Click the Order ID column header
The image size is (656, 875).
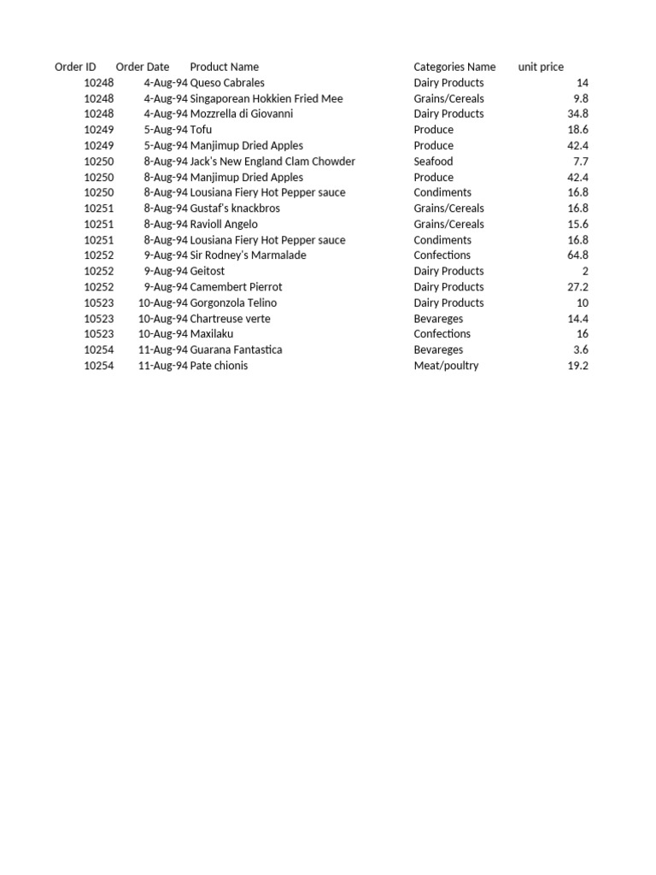click(75, 67)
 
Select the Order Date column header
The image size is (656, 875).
click(143, 67)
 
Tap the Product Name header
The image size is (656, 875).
click(224, 67)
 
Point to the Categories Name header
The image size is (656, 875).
click(454, 67)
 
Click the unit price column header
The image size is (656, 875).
click(541, 67)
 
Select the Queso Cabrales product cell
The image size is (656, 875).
click(227, 83)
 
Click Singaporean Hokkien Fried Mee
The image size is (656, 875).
click(266, 98)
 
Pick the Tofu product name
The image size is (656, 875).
click(201, 130)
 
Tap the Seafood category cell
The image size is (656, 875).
click(433, 161)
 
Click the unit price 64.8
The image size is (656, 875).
click(578, 255)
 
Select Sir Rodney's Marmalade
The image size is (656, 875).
click(248, 255)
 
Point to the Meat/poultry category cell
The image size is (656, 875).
click(446, 366)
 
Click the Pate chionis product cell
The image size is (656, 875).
click(219, 366)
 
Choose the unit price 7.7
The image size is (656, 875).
click(581, 161)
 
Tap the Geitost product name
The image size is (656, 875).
click(208, 271)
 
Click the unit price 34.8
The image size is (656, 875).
click(578, 114)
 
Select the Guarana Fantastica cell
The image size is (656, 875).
click(236, 349)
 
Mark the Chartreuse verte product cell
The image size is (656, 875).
click(230, 319)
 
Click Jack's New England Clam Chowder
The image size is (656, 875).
click(272, 161)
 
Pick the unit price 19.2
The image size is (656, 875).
click(578, 366)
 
